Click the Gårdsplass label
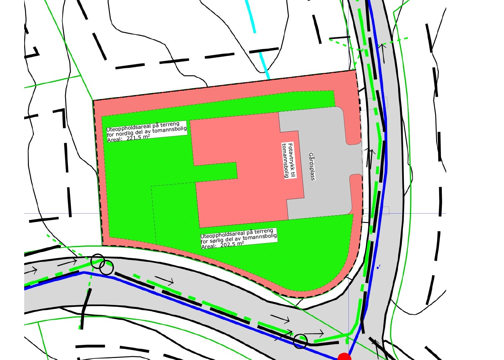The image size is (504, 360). pos(312,167)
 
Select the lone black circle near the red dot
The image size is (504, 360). pos(300,341)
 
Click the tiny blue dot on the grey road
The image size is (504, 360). pos(377,268)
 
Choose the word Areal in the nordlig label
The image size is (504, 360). pos(114,139)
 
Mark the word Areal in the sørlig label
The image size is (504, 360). pos(208,246)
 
